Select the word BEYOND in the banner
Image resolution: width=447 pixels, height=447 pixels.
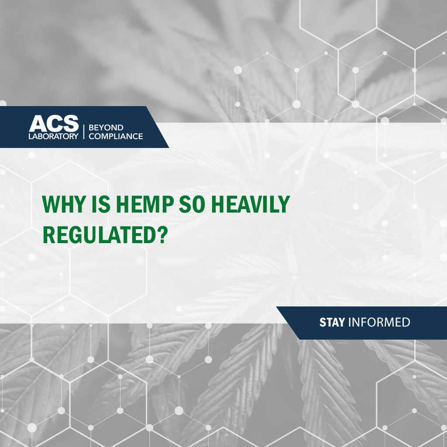click(x=106, y=127)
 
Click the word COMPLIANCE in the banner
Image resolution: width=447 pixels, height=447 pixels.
click(x=116, y=136)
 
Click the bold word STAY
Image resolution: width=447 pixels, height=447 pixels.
click(x=332, y=323)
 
